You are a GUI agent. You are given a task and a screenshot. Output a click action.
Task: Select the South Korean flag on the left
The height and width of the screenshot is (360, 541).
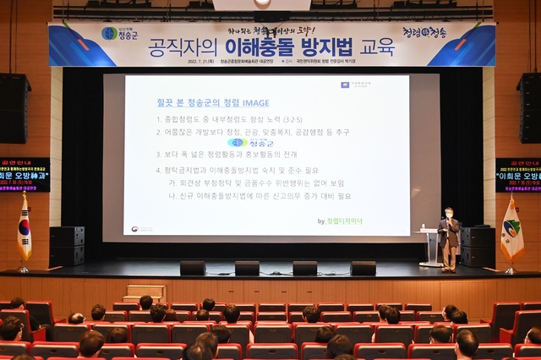click(24, 229)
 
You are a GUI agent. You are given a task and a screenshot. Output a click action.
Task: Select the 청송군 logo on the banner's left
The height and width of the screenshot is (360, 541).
click(119, 34)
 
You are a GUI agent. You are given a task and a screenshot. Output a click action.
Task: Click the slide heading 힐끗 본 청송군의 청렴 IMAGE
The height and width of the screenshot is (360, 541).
click(212, 103)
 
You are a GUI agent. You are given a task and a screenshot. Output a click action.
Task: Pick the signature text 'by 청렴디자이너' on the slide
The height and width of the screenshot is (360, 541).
click(340, 221)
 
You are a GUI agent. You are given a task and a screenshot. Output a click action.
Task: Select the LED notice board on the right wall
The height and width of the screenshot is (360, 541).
click(517, 175)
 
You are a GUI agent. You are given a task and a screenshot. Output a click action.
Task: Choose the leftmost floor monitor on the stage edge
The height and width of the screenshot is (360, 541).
click(193, 268)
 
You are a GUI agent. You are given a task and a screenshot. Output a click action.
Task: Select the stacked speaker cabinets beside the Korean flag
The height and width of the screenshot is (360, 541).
click(67, 246)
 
